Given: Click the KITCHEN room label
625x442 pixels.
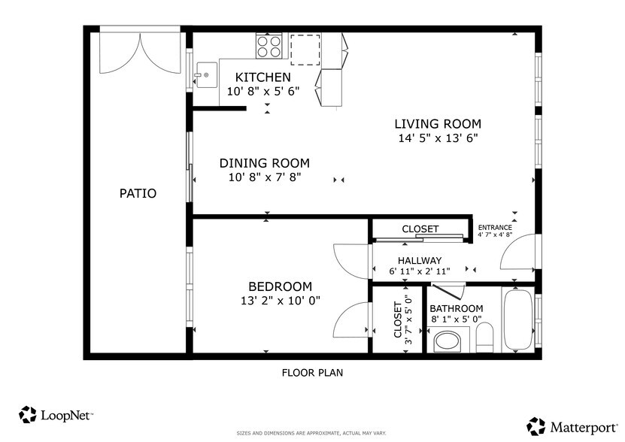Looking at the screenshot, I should [262, 77].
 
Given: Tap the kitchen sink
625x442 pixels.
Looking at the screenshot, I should [205, 75].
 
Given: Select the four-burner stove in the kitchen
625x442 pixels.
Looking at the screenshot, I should [269, 47].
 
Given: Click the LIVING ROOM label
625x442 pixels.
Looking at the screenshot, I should [438, 124].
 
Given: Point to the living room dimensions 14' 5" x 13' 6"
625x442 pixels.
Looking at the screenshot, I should [438, 138].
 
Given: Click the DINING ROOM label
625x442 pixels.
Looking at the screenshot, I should [264, 163].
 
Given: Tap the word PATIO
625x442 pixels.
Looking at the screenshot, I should [138, 193].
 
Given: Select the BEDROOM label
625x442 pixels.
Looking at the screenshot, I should [280, 286].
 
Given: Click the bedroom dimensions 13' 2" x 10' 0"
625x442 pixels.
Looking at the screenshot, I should [280, 301].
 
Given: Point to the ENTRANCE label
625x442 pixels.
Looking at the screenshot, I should [495, 228].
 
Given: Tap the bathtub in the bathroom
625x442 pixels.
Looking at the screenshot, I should [517, 319].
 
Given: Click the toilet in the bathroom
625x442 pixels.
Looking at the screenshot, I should [484, 338].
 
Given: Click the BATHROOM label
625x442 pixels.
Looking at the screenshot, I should [456, 309].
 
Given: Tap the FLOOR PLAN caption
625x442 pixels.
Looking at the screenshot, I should [312, 372].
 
